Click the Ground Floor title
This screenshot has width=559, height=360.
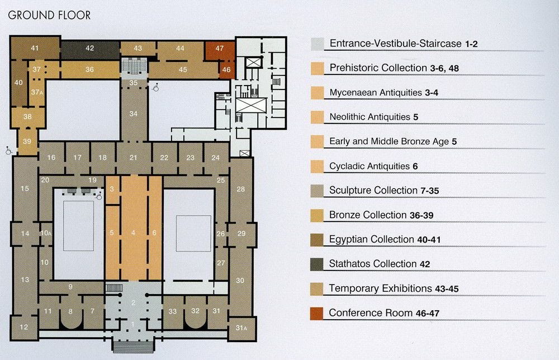[x=49, y=15]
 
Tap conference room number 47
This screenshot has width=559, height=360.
[x=220, y=48]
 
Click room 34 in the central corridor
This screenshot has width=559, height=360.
[x=134, y=113]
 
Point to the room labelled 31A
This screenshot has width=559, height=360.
[x=241, y=328]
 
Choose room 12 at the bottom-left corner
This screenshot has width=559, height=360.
[x=24, y=327]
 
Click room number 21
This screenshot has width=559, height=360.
[x=134, y=158]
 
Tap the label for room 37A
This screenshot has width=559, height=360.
[x=37, y=92]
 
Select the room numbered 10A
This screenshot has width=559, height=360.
[x=46, y=233]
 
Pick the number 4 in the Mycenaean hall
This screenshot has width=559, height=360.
[x=133, y=233]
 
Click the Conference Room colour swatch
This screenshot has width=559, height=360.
[x=317, y=313]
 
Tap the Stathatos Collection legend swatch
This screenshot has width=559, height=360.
[x=317, y=264]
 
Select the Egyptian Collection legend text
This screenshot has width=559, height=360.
[x=385, y=239]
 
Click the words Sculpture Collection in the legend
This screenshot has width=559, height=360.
[x=373, y=191]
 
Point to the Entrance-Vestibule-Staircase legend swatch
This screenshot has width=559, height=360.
[x=318, y=44]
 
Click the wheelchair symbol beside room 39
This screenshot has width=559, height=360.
[x=8, y=151]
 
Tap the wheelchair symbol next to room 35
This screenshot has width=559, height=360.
[x=155, y=87]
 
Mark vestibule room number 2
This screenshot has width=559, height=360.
[x=134, y=302]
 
